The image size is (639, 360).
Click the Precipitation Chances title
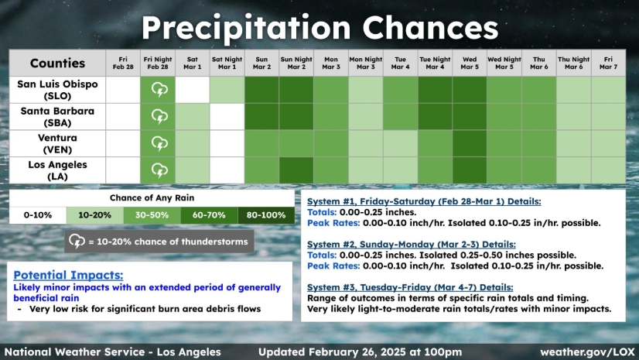[320, 28]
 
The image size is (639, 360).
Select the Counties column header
[57, 63]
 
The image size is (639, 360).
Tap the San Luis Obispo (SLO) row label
[57, 90]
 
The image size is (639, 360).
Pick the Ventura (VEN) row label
[57, 143]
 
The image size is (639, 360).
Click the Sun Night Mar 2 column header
[296, 63]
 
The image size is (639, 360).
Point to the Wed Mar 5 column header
[470, 63]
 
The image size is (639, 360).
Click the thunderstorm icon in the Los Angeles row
[159, 170]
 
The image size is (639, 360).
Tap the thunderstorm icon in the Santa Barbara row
[159, 117]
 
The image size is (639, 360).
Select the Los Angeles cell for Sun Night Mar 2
[296, 170]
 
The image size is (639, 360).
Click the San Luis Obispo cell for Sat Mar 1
[193, 90]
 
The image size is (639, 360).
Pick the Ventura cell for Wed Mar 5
[470, 143]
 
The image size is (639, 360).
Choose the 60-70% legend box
[209, 215]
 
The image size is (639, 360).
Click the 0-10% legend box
[38, 215]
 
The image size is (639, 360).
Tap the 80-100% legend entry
[266, 215]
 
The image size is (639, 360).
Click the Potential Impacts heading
[68, 275]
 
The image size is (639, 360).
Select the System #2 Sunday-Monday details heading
[412, 244]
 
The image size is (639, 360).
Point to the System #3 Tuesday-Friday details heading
[410, 287]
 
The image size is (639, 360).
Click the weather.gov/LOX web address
[587, 351]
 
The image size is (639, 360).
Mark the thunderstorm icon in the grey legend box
[77, 242]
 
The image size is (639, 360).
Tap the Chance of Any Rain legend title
[152, 198]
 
